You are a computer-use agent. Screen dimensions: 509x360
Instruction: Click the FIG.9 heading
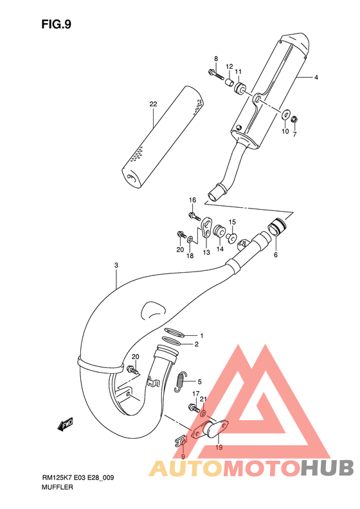[56, 24]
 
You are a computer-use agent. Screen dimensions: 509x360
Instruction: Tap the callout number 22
[153, 104]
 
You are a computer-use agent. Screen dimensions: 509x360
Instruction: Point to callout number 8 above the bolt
[216, 59]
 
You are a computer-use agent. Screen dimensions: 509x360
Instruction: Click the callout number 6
[276, 255]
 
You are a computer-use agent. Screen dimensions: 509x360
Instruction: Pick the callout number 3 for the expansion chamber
[116, 266]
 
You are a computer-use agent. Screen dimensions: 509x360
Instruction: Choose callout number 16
[192, 200]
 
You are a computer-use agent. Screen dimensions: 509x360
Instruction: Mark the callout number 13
[206, 253]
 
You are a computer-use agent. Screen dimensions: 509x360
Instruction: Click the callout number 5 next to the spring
[199, 381]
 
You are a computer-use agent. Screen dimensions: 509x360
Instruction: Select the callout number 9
[183, 457]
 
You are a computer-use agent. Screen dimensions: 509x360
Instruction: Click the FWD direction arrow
[65, 423]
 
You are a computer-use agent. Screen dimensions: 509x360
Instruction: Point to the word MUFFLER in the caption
[58, 488]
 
